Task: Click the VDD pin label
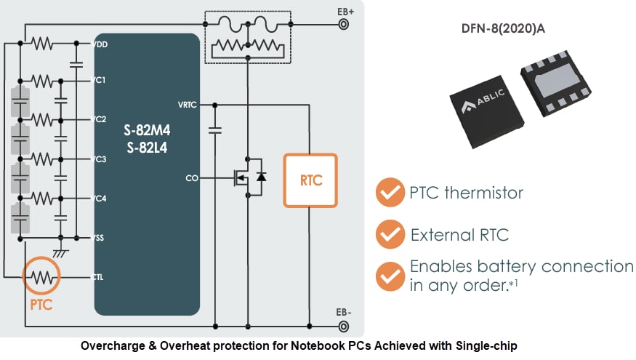coord(102,45)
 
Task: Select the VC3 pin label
coord(102,159)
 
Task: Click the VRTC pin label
coord(187,104)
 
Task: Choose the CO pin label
coord(191,177)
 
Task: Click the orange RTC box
coord(310,180)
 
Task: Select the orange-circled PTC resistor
coord(41,276)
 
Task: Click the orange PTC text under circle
coord(41,305)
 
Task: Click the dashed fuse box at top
coord(248,36)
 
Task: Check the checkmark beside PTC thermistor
coord(390,193)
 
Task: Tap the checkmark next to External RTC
coord(390,235)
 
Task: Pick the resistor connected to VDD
coord(42,45)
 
